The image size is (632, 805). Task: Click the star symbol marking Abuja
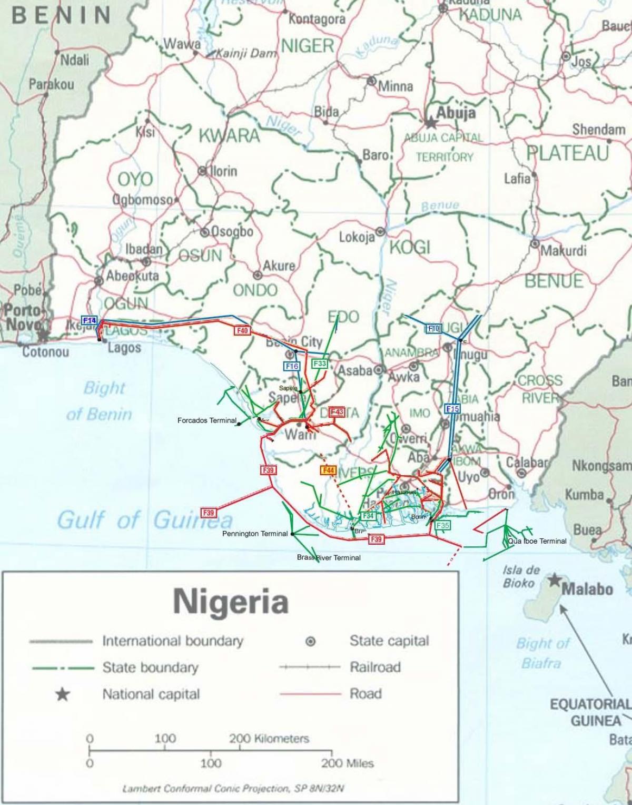[431, 123]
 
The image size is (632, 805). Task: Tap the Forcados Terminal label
[207, 420]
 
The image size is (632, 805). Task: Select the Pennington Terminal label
[255, 534]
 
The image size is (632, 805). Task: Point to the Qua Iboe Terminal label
[537, 541]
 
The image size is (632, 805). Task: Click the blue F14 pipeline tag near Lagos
[90, 320]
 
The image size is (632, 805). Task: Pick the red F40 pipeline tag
[242, 331]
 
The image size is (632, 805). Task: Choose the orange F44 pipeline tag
[328, 470]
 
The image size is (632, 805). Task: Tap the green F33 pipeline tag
[320, 364]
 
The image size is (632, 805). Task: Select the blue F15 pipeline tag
[452, 409]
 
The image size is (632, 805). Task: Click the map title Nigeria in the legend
[231, 601]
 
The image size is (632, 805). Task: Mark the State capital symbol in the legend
[311, 641]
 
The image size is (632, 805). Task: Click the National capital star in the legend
[63, 694]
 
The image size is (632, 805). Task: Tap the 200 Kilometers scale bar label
[269, 739]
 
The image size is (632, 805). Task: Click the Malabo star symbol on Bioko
[554, 581]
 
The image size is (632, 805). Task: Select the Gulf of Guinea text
[145, 521]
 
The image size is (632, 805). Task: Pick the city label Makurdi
[564, 251]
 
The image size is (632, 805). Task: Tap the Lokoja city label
[357, 237]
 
